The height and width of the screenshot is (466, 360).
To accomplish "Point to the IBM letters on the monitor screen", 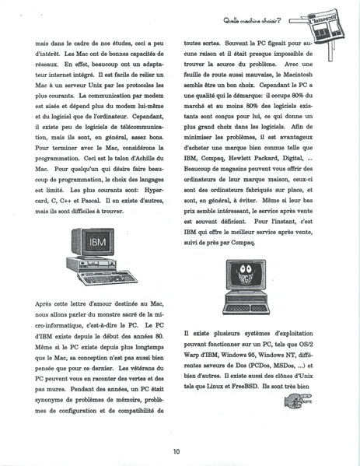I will [97, 242].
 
